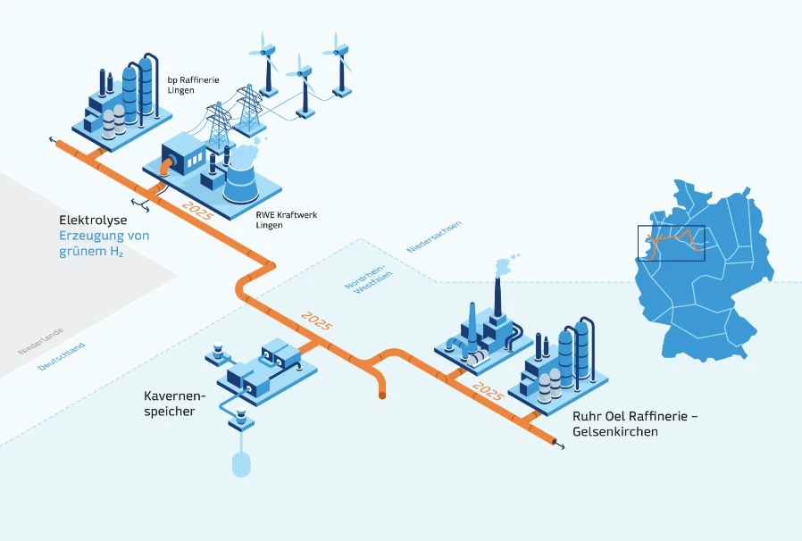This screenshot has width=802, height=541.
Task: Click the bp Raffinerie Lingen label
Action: (x=193, y=86)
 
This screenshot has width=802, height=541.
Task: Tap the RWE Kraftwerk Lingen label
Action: (x=280, y=220)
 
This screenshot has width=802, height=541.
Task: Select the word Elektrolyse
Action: (x=93, y=220)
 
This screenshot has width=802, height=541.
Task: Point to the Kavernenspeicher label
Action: (x=175, y=403)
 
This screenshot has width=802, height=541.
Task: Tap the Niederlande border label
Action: (x=41, y=341)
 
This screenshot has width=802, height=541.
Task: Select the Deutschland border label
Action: (x=62, y=356)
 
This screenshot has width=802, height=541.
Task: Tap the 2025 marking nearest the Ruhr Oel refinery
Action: (x=488, y=390)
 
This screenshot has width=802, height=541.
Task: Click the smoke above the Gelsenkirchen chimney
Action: (x=505, y=264)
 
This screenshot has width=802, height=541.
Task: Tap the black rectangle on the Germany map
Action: (x=671, y=243)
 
